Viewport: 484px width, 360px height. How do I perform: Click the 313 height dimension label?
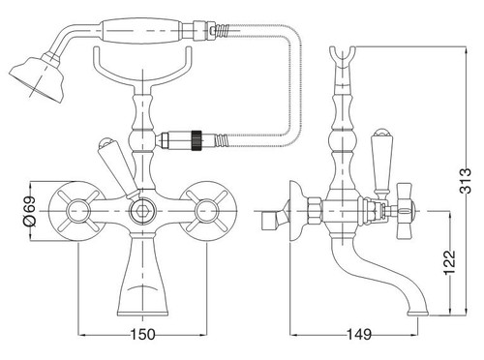click(x=466, y=181)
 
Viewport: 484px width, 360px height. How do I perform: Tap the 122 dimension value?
click(x=449, y=262)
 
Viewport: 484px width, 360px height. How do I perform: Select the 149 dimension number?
click(x=359, y=335)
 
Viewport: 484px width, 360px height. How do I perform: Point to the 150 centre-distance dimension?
click(x=142, y=335)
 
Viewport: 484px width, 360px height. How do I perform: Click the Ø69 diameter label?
click(x=29, y=211)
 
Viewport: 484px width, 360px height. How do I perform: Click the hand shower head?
click(x=36, y=76)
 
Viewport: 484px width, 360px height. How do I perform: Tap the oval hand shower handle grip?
click(x=142, y=30)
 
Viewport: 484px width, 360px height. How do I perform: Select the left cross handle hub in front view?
click(x=77, y=211)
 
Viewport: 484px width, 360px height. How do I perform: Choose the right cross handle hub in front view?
click(x=207, y=211)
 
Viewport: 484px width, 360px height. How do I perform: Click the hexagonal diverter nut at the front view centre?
click(x=142, y=211)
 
